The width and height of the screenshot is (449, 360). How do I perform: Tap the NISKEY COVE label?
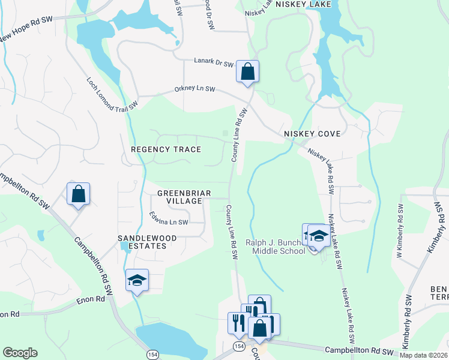pos(312,134)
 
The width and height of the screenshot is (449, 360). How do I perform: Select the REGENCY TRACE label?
pos(166,149)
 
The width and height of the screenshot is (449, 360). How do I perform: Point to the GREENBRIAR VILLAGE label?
pos(179,197)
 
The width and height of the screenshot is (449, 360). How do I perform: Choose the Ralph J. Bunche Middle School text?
pos(275,247)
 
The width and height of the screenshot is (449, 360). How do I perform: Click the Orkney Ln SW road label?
pos(194,89)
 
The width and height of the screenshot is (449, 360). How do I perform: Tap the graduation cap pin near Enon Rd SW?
pos(137,280)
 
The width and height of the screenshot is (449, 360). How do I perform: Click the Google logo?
pos(20,353)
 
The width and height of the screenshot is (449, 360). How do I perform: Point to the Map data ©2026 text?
pos(423,355)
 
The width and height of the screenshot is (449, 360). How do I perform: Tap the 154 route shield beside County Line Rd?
pos(238,346)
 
